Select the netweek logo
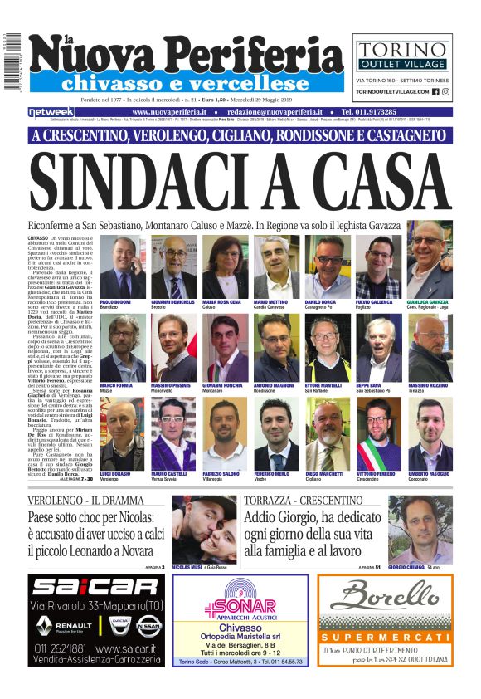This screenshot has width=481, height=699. (x=51, y=111)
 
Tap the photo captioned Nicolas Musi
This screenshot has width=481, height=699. (x=204, y=531)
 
